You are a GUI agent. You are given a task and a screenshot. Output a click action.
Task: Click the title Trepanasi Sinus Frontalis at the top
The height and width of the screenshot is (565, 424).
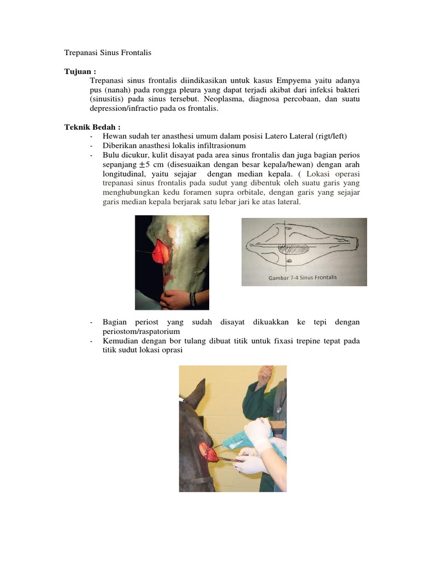pos(108,53)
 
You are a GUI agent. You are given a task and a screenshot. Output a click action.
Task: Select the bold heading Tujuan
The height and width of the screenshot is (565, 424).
pos(80,72)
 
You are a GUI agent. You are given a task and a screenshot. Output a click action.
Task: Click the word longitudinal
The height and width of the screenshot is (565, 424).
pos(125,174)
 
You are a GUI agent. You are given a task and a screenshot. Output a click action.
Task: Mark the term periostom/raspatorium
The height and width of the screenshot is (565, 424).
pos(141,331)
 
